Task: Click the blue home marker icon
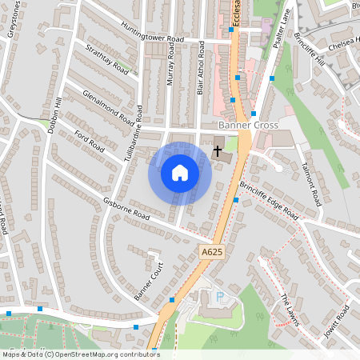180,173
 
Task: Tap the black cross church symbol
218,150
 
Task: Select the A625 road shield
210,252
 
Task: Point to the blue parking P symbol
221,298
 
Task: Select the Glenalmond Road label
107,107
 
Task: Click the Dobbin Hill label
54,115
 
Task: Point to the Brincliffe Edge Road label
269,202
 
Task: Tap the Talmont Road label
310,183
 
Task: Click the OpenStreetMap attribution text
80,354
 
